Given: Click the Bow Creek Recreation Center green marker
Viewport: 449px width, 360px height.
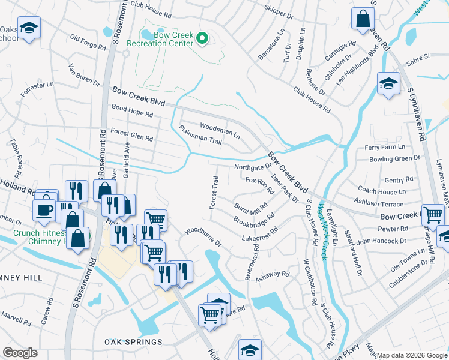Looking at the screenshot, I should click(x=203, y=40).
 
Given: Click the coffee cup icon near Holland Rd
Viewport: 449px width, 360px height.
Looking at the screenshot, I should click(x=45, y=209).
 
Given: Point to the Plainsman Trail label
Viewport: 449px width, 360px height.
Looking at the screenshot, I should click(x=200, y=135).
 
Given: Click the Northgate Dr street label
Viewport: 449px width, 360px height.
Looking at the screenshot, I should click(x=253, y=166).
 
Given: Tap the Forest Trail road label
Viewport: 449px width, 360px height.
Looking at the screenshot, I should click(x=214, y=192).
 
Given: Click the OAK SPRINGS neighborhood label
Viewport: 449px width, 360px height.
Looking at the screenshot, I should click(x=133, y=342).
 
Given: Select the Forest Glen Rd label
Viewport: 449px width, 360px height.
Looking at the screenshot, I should click(x=131, y=135).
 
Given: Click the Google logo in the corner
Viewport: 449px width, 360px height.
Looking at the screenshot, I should click(x=20, y=353).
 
